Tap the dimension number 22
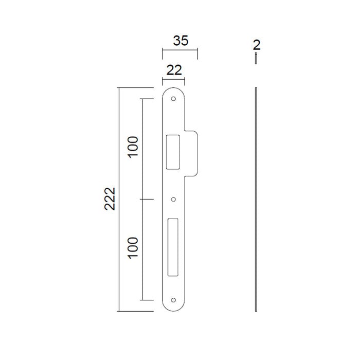[x=174, y=70]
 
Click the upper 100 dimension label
[x=133, y=147]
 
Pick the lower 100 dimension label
[x=133, y=248]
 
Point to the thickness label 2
[x=257, y=45]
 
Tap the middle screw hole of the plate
[x=174, y=199]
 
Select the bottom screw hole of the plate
[x=174, y=300]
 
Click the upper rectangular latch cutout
[x=173, y=152]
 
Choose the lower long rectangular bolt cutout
[x=172, y=245]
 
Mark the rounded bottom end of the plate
[x=174, y=308]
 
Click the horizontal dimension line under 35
[x=180, y=50]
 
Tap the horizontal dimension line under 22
[x=174, y=79]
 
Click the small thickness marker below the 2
[x=256, y=60]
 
